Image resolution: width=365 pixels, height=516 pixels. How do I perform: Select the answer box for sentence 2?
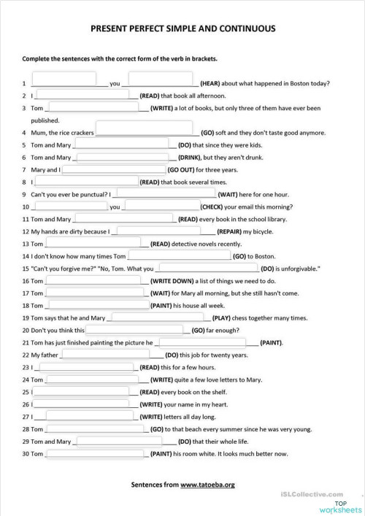pyautogui.click(x=85, y=95)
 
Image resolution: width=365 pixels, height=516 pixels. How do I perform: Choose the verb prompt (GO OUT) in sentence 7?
pyautogui.click(x=161, y=169)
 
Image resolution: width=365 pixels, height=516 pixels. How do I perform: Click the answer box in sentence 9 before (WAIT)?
pyautogui.click(x=165, y=194)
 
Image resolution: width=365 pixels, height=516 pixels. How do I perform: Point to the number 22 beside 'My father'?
pyautogui.click(x=26, y=355)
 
